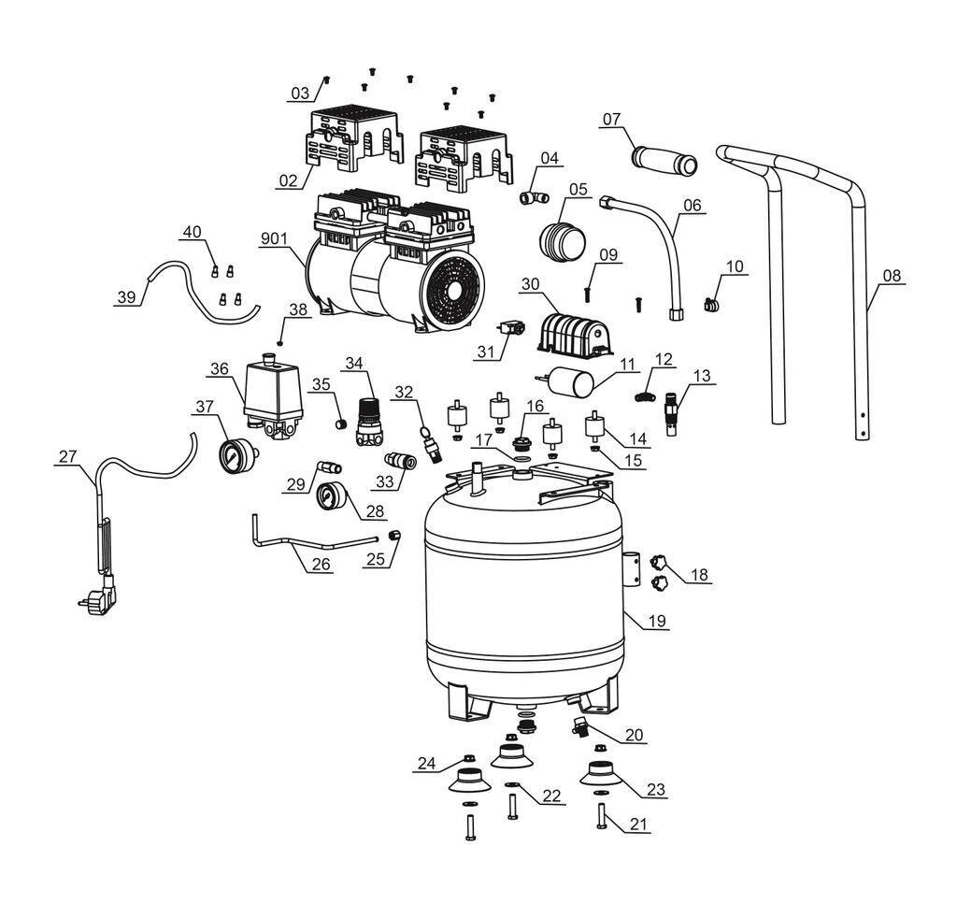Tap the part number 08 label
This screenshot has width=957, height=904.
[893, 276]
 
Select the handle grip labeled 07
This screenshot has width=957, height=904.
[664, 160]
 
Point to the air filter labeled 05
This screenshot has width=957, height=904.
[563, 239]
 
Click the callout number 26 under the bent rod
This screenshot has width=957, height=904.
[321, 566]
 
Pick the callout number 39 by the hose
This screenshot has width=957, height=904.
[126, 297]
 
